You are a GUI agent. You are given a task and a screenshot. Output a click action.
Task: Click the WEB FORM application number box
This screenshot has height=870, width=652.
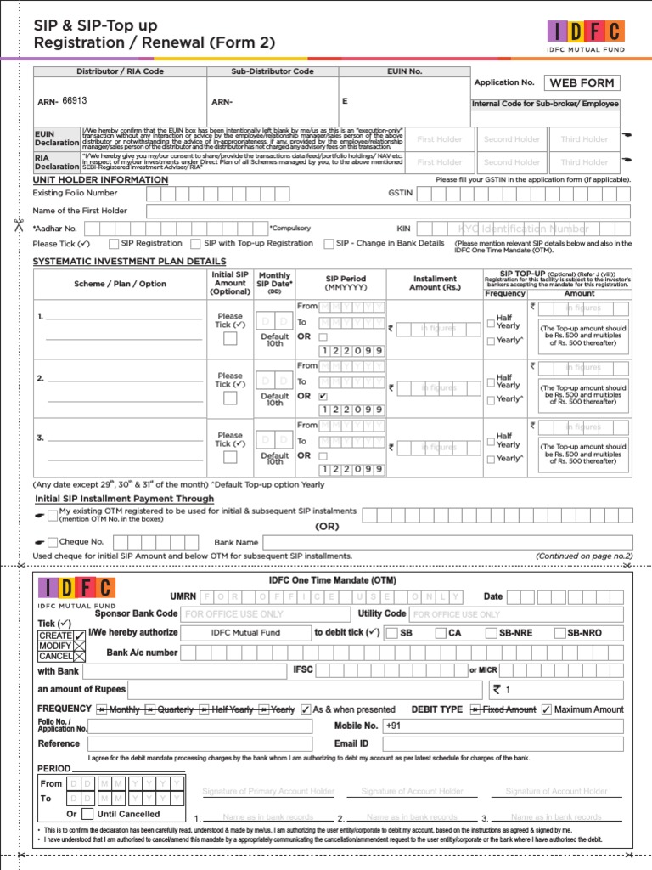coord(582,82)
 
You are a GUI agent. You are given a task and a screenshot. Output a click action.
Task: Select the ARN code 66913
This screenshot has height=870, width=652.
coord(75,100)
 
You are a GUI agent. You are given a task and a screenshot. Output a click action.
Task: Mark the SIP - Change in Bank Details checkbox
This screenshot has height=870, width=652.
coord(329,244)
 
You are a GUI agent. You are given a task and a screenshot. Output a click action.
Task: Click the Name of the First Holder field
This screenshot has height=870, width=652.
coord(388,212)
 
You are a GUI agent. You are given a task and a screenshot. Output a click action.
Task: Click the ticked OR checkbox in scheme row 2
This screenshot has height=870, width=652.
coord(323,396)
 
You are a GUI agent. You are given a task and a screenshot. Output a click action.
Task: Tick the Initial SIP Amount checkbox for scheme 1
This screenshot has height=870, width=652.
coord(230,339)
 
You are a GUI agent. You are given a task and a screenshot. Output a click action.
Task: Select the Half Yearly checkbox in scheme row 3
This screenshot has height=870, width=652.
coord(491,440)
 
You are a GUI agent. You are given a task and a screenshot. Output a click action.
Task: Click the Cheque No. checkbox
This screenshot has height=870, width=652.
coord(53,542)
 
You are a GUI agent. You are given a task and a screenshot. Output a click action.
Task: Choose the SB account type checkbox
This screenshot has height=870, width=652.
coord(391,633)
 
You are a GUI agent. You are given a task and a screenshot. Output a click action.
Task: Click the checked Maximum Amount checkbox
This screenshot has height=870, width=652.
coord(547,709)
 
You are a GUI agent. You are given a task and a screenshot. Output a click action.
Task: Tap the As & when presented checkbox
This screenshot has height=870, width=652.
coord(306,709)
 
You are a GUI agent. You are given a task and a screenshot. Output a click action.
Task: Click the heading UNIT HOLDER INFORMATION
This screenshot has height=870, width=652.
coord(100,180)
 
